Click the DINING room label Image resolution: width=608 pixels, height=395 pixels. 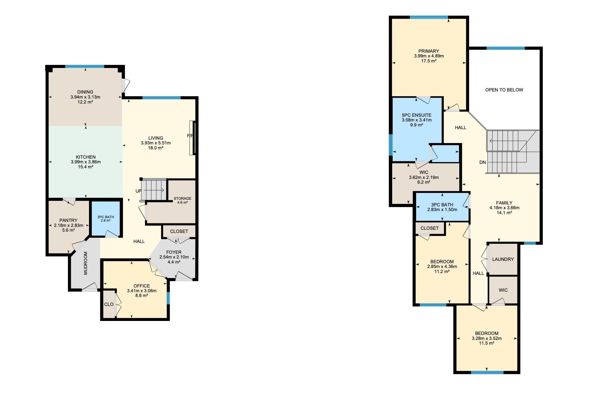pyautogui.click(x=85, y=92)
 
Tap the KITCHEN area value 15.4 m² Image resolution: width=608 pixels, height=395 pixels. pyautogui.click(x=86, y=167)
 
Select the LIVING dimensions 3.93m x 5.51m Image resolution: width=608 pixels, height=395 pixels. pyautogui.click(x=156, y=143)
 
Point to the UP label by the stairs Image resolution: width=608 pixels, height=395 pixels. pyautogui.click(x=138, y=191)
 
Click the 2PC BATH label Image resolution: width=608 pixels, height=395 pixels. pyautogui.click(x=106, y=217)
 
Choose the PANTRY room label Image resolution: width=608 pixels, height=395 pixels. pyautogui.click(x=68, y=220)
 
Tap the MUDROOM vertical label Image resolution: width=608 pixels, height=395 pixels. pyautogui.click(x=86, y=263)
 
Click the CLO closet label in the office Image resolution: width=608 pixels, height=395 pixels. pyautogui.click(x=109, y=304)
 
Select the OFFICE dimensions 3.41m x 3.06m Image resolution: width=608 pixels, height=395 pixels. pyautogui.click(x=142, y=291)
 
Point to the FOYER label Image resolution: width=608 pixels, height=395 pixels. pyautogui.click(x=174, y=252)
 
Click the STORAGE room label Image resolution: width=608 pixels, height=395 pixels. pyautogui.click(x=182, y=198)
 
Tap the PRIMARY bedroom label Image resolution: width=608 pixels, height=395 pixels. pyautogui.click(x=429, y=51)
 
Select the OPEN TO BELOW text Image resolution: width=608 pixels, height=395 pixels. pyautogui.click(x=504, y=90)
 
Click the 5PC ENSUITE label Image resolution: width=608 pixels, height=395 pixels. pyautogui.click(x=417, y=115)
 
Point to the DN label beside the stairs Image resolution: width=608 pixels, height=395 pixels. pyautogui.click(x=482, y=162)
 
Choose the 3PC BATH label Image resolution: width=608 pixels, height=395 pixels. pyautogui.click(x=442, y=205)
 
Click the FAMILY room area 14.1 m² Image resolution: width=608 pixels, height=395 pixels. pyautogui.click(x=504, y=213)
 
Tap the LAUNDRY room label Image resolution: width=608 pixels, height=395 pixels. pyautogui.click(x=503, y=259)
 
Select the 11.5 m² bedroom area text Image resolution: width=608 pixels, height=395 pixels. pyautogui.click(x=487, y=343)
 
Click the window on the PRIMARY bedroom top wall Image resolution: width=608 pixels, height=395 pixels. pyautogui.click(x=429, y=17)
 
